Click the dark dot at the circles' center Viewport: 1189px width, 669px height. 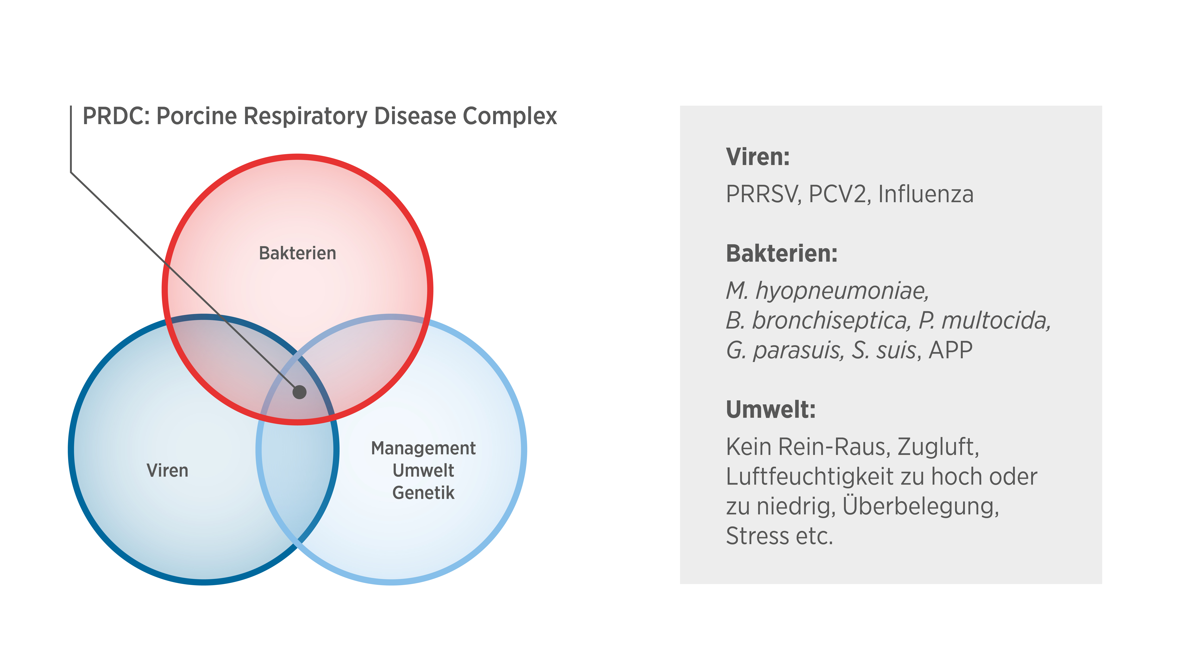(300, 392)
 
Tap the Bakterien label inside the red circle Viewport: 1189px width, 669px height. (297, 253)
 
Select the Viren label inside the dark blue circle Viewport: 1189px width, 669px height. (167, 471)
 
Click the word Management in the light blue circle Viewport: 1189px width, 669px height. (423, 448)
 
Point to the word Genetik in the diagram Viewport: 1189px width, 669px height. (423, 493)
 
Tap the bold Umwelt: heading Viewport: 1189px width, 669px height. (770, 410)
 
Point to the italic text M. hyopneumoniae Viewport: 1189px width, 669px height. (827, 291)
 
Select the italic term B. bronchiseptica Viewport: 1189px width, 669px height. (818, 320)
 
